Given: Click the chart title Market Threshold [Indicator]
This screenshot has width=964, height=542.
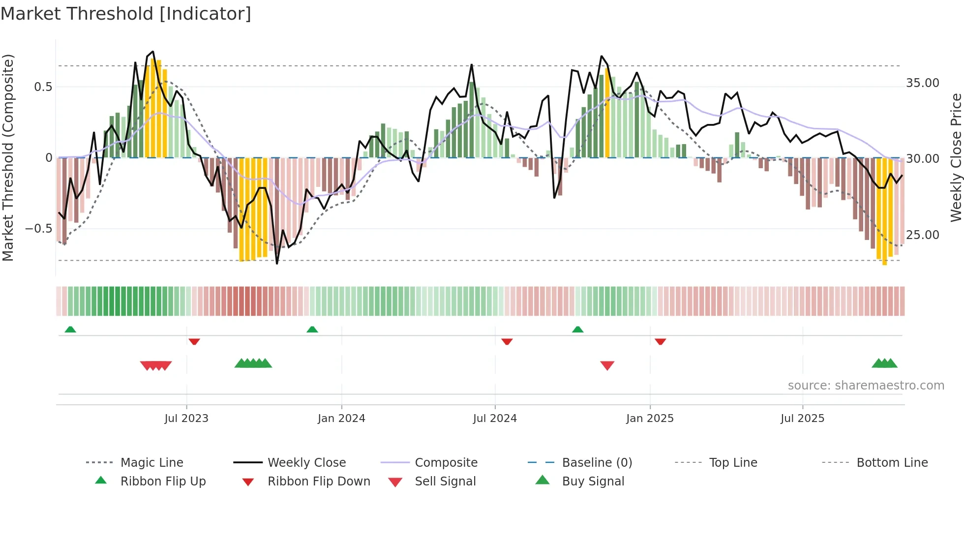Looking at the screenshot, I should point(126,14).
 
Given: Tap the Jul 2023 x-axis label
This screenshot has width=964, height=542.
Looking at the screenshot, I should point(186,419).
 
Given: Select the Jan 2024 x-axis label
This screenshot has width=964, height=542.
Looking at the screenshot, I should point(341,419).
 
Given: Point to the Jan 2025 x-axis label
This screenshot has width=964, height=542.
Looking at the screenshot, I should point(650,419).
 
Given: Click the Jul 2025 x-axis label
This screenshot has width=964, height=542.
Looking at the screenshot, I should point(802,419).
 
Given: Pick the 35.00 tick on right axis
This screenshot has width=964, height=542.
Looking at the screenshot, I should point(923,83).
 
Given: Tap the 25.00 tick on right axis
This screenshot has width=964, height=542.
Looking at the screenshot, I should point(923,235).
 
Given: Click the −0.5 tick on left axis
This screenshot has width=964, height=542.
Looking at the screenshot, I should point(38,229).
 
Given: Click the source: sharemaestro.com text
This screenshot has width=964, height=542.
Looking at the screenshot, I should point(866,386).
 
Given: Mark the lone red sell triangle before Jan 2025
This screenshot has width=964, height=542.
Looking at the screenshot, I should point(607,365).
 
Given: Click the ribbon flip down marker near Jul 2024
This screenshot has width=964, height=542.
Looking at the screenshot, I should point(507,341).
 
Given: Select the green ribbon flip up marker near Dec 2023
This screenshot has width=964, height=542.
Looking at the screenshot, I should point(312,330).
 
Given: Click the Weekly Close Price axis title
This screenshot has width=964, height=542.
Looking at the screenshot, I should point(956,157).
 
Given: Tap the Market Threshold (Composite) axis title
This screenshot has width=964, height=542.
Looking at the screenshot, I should point(8,157).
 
